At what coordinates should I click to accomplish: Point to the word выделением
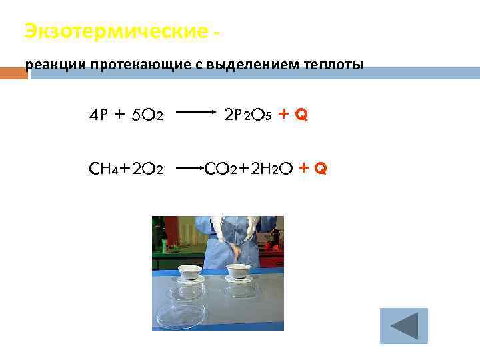(x=254, y=65)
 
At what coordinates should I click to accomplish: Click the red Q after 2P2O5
(x=302, y=115)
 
